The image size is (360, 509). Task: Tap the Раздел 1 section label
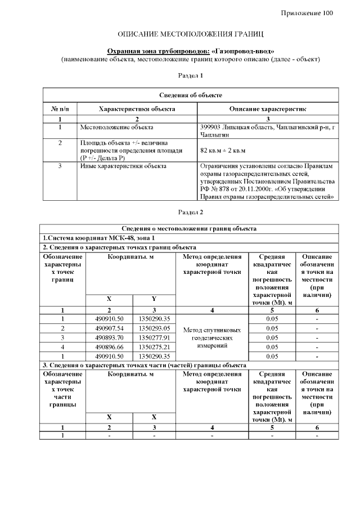pyautogui.click(x=190, y=75)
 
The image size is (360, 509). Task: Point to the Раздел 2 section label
pyautogui.click(x=190, y=212)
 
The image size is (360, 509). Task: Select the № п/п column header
pyautogui.click(x=60, y=109)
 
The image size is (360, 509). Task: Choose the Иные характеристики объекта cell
pyautogui.click(x=119, y=166)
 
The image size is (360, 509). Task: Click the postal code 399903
pyautogui.click(x=211, y=128)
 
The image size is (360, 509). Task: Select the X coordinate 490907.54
pyautogui.click(x=109, y=328)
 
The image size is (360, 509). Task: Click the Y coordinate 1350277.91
pyautogui.click(x=154, y=337)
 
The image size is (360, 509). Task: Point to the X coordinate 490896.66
pyautogui.click(x=109, y=347)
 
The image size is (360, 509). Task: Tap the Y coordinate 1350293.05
pyautogui.click(x=154, y=328)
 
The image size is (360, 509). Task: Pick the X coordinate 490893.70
pyautogui.click(x=109, y=337)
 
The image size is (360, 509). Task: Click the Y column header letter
pyautogui.click(x=154, y=299)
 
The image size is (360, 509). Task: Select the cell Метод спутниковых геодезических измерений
pyautogui.click(x=212, y=337)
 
